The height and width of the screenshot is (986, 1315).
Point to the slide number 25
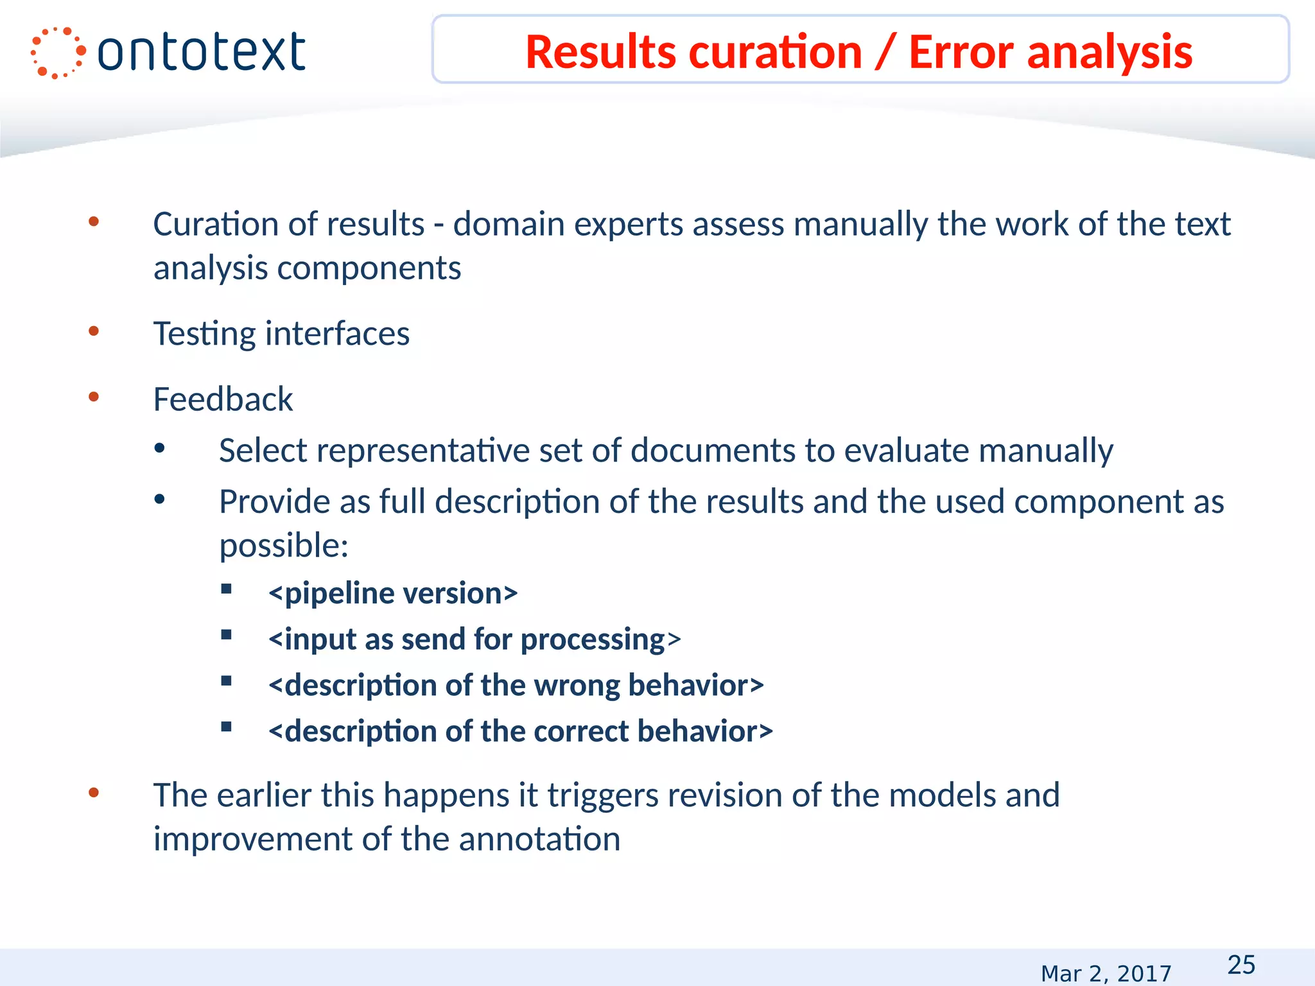[1241, 965]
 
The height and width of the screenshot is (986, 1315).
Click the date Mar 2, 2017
[1106, 974]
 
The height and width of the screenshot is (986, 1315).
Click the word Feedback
[223, 399]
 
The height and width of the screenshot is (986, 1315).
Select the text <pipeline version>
[393, 593]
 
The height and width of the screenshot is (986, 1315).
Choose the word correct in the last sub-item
[580, 732]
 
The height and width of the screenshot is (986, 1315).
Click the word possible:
[284, 546]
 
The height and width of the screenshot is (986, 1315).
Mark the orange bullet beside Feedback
[94, 397]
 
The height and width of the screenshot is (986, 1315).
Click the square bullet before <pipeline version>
[226, 589]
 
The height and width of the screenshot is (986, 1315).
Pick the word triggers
[602, 796]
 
